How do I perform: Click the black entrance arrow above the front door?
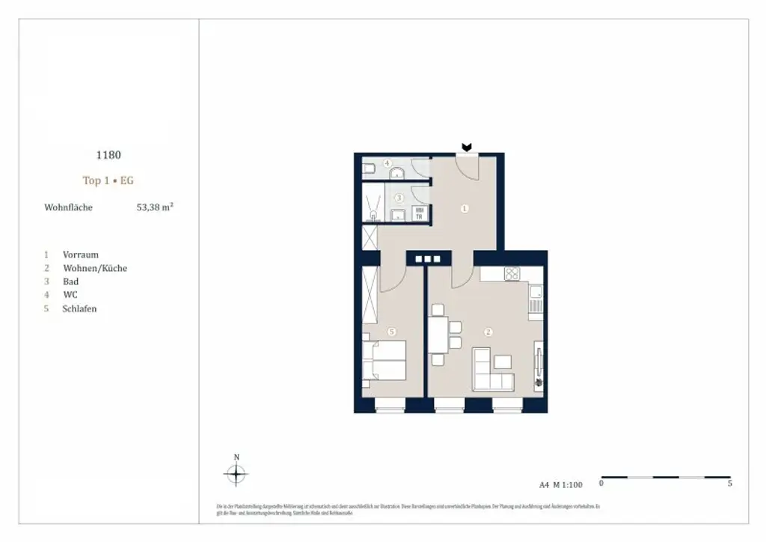point(467,147)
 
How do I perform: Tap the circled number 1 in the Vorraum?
point(465,209)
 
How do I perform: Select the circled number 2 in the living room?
point(488,332)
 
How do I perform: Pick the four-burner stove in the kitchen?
point(512,274)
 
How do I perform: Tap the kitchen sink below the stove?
point(536,302)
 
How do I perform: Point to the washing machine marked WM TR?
point(420,214)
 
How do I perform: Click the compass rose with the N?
point(236,473)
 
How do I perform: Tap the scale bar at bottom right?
point(666,477)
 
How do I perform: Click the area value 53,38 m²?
point(154,207)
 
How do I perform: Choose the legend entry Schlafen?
point(79,308)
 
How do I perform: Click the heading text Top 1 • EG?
point(108,180)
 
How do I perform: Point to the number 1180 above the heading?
point(108,155)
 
